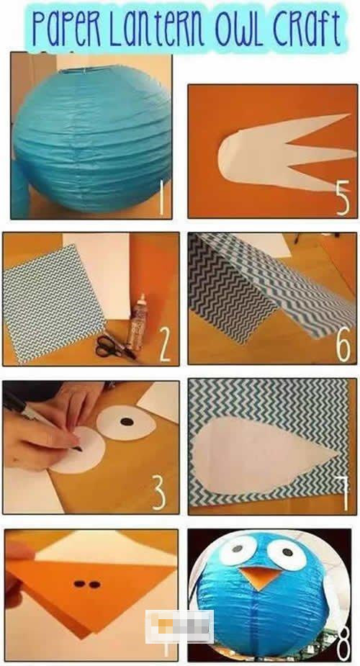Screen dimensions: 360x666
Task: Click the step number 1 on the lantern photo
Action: [x=161, y=198]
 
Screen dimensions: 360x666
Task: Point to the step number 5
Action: [x=343, y=197]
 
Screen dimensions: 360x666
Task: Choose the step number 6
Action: [x=343, y=346]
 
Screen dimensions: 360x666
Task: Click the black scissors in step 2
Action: [x=112, y=346]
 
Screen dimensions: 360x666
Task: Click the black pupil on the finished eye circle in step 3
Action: [x=127, y=422]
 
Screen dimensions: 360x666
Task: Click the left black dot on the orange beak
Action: [x=78, y=584]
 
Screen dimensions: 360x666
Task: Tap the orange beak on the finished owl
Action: [x=258, y=577]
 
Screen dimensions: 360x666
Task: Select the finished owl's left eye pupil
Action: [x=238, y=549]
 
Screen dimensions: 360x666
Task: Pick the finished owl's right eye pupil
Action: [x=287, y=552]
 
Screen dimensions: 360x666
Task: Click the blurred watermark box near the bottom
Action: [x=179, y=626]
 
